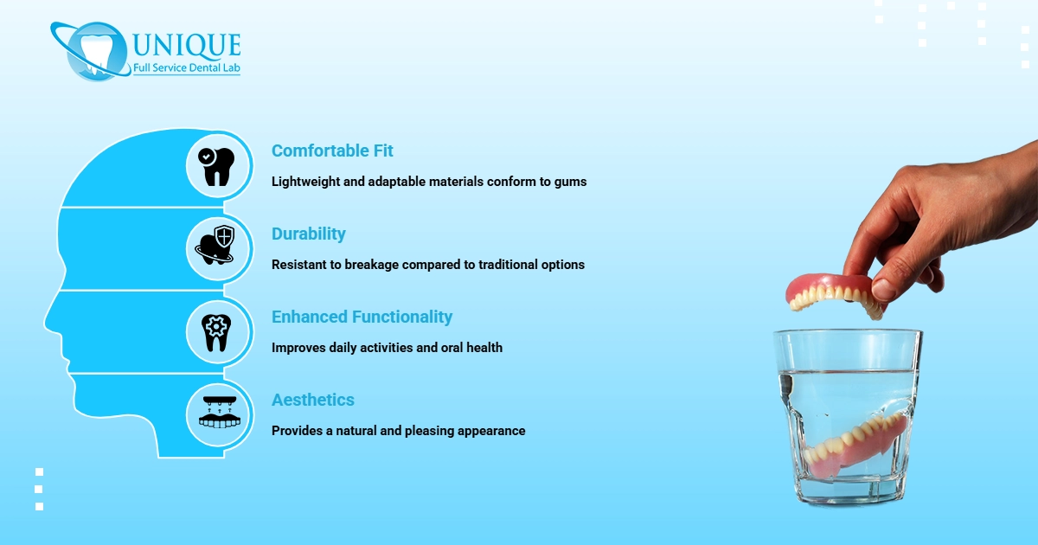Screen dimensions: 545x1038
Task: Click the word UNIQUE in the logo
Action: (187, 43)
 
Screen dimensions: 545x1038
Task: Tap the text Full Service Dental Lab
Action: (186, 67)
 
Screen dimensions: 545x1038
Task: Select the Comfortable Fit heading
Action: (332, 151)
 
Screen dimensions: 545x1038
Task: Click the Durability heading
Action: (308, 234)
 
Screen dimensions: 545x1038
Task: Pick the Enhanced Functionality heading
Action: (362, 317)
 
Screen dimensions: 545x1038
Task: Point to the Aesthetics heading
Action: (312, 400)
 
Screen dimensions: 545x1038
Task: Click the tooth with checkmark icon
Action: (217, 166)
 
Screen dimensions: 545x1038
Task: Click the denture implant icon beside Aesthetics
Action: (217, 413)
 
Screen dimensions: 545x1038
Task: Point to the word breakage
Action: (375, 265)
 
